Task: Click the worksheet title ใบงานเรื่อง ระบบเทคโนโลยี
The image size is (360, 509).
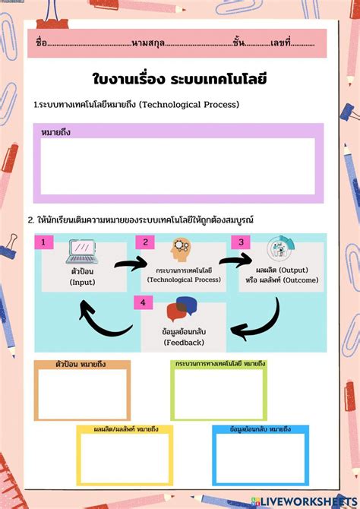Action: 179,79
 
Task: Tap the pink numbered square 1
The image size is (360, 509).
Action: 44,242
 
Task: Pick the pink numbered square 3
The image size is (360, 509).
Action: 241,242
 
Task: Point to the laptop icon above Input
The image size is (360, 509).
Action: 82,251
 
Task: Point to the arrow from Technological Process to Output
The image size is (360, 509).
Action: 235,261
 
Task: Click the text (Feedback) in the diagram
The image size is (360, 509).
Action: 184,343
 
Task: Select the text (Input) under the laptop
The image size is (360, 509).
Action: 82,283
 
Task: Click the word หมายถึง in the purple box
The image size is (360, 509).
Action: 56,132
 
